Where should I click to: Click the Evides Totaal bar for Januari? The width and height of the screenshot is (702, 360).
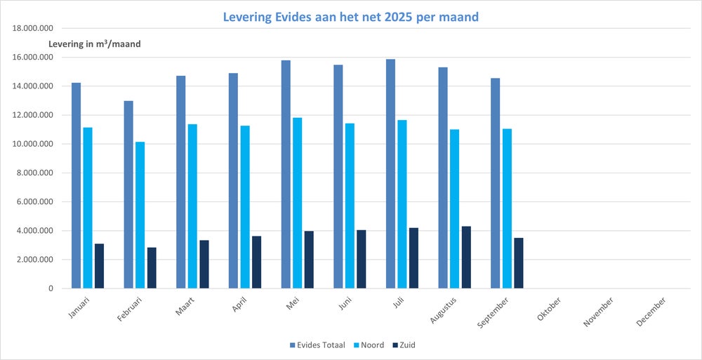tap(76, 185)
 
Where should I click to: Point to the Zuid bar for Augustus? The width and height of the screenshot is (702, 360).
tap(466, 257)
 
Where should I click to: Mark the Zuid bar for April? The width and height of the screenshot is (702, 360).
tap(256, 262)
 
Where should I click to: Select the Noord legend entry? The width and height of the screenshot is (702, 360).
tap(373, 345)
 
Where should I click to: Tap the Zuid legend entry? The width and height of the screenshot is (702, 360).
tap(415, 345)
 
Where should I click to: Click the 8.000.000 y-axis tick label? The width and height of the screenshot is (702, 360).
tap(36, 173)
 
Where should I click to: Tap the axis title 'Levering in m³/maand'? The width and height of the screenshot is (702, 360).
tap(95, 44)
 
